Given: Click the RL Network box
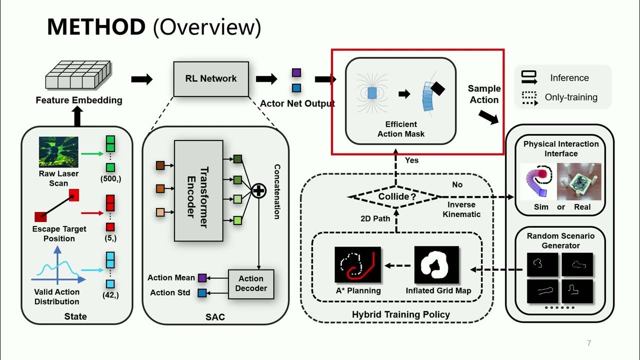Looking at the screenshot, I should point(211,78).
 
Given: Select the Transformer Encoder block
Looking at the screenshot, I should point(198,190).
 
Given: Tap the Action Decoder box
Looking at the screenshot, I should point(251,283).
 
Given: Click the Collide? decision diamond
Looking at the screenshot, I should point(395,196).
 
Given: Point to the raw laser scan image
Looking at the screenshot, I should point(58,152).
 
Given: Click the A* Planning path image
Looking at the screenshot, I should point(357,265).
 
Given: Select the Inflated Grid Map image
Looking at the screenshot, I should point(437,265).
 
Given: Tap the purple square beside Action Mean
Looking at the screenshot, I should point(202,278).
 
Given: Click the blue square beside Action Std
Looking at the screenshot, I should point(202,293).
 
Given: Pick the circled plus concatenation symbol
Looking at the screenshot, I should point(258,190).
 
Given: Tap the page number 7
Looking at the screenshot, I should point(589,343).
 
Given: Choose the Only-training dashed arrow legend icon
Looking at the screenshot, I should point(529,97).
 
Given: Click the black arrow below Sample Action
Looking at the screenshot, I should point(488,117).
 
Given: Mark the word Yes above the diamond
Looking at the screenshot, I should point(412,160).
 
